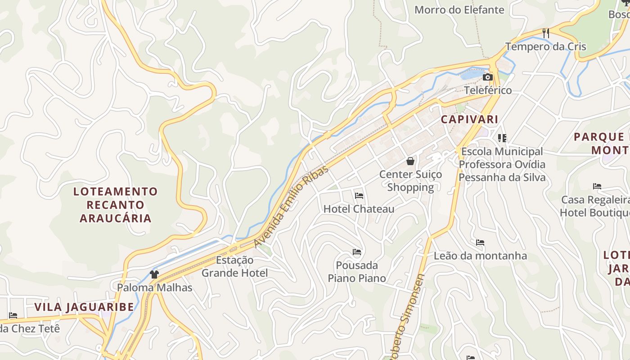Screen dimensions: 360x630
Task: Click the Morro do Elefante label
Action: tap(459, 9)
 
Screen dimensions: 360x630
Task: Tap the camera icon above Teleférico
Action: tap(487, 77)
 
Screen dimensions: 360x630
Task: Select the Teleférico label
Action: tap(488, 90)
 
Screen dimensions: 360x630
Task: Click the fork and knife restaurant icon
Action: tap(546, 33)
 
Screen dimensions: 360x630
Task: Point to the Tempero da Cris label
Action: tap(545, 46)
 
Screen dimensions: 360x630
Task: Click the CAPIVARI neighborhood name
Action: tap(469, 119)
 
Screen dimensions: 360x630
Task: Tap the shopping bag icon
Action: tap(410, 161)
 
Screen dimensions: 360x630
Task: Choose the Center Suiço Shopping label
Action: tap(410, 180)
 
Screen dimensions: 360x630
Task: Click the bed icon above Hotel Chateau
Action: tap(359, 196)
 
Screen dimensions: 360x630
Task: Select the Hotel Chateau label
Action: tap(359, 209)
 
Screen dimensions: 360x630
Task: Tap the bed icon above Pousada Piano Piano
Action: tap(357, 252)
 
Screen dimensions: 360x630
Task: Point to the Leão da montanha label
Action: tap(480, 256)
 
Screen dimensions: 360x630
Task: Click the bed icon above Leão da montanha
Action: tap(480, 243)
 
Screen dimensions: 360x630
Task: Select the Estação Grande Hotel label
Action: tap(234, 266)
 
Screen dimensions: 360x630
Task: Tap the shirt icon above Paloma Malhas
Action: tap(154, 274)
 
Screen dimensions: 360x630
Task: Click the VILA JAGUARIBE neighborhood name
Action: tap(84, 307)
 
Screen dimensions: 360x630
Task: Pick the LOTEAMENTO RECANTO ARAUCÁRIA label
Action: tap(116, 205)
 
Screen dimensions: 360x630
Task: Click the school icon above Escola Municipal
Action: tap(502, 138)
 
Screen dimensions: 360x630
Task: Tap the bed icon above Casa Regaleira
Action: tap(597, 186)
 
